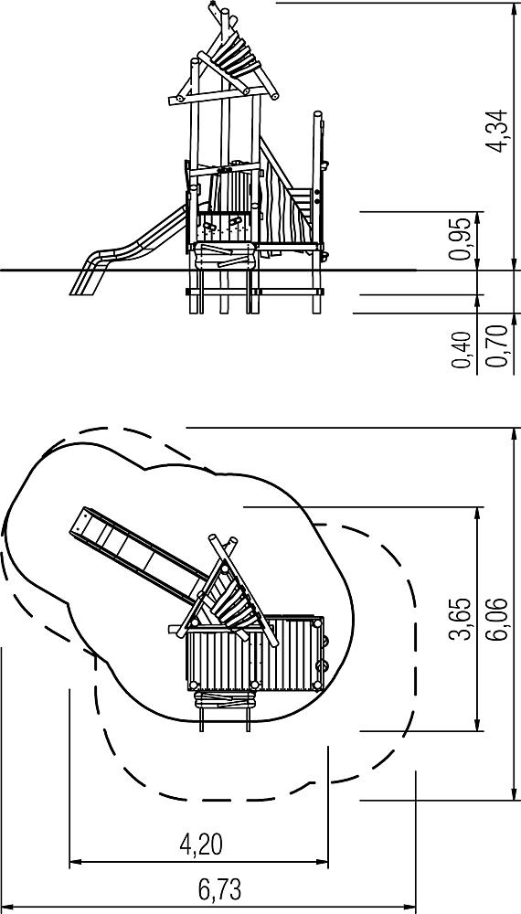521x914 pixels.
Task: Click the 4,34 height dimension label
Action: (498, 131)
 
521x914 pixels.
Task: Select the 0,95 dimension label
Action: (461, 239)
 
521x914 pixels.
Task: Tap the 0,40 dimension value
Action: (461, 350)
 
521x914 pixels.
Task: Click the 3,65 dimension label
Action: (461, 619)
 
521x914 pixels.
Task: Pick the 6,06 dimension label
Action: (496, 619)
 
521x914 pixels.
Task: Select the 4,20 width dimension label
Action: (201, 844)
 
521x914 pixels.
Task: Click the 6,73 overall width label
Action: (219, 890)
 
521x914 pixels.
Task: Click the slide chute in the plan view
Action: (137, 554)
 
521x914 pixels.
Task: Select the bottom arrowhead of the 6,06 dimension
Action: (514, 793)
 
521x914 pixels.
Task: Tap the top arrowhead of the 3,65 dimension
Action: (478, 514)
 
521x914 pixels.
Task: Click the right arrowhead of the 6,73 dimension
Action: (409, 908)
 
